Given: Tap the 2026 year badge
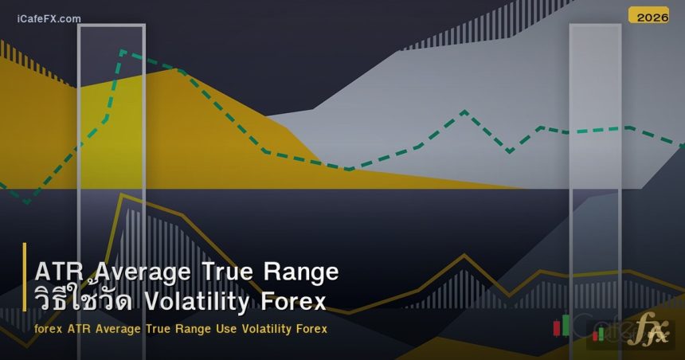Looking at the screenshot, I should click(x=648, y=16).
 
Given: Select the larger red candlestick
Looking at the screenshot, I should click(x=557, y=328).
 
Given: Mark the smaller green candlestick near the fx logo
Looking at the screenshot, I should click(x=601, y=332).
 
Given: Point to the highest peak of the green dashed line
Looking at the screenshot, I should click(x=122, y=52).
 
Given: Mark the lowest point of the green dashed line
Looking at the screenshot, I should click(x=26, y=202).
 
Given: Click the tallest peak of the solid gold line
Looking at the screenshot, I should click(x=119, y=194).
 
